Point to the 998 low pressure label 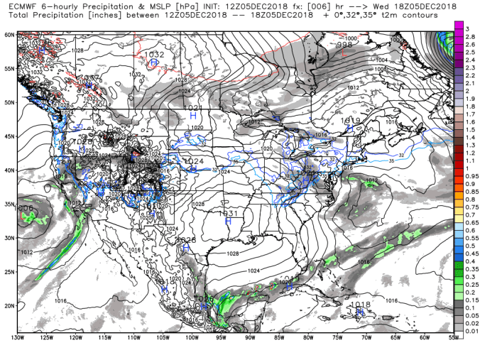coord(344,45)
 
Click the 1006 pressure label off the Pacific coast coord(23,207)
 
